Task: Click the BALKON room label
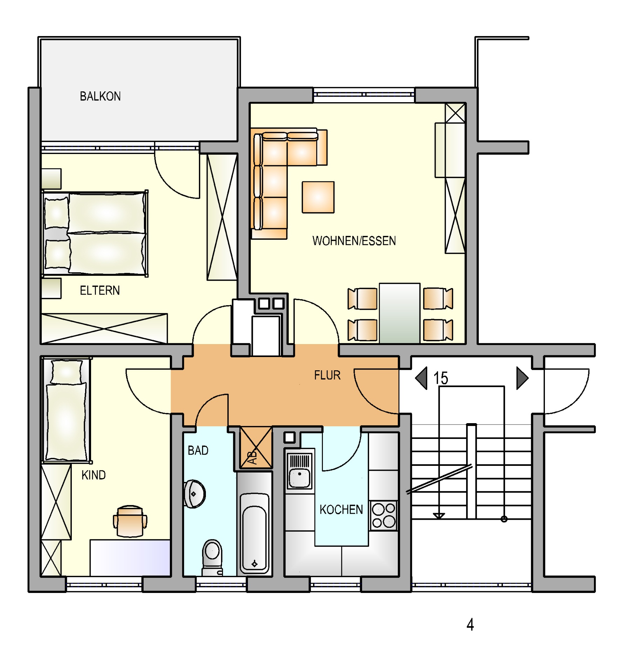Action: [100, 96]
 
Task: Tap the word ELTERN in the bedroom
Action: [100, 290]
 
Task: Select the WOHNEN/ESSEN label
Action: [354, 241]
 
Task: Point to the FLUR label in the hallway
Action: [327, 375]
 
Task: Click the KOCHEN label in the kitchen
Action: [341, 510]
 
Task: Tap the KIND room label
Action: [94, 475]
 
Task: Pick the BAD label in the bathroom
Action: [198, 450]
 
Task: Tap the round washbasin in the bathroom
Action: [194, 494]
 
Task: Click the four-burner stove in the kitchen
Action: [383, 515]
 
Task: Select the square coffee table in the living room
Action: [318, 197]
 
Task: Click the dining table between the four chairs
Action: [400, 313]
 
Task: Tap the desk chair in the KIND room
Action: [130, 521]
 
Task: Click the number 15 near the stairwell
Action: [441, 378]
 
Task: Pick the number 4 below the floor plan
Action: [470, 624]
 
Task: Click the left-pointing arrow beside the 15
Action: [421, 378]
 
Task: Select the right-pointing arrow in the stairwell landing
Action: [522, 378]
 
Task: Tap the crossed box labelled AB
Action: [256, 448]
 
